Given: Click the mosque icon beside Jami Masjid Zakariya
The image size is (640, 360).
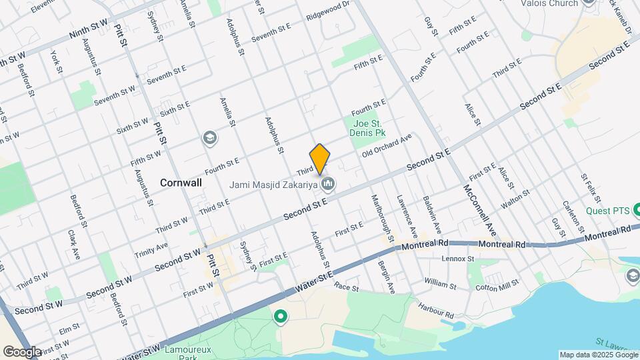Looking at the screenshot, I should point(327,183).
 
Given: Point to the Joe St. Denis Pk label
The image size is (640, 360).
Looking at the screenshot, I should point(369,128).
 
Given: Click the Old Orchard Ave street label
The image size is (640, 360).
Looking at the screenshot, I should point(387,146).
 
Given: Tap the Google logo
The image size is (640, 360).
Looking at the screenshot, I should point(22,351).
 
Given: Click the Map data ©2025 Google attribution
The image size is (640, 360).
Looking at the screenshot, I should point(597,355).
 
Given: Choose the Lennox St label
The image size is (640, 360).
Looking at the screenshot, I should point(457,259).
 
